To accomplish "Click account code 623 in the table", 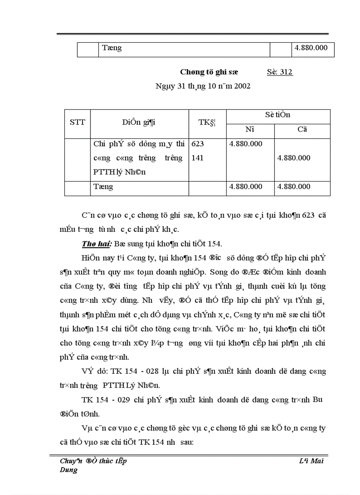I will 198,144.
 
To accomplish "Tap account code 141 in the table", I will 198,158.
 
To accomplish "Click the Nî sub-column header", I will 250,130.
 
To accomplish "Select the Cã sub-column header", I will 302,130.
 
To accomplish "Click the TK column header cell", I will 207,123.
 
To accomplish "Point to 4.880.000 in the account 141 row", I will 294,158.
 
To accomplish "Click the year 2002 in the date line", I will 242,86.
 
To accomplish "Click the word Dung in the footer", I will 68,470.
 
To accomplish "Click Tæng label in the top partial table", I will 112,48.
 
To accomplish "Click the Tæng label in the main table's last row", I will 103,186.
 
